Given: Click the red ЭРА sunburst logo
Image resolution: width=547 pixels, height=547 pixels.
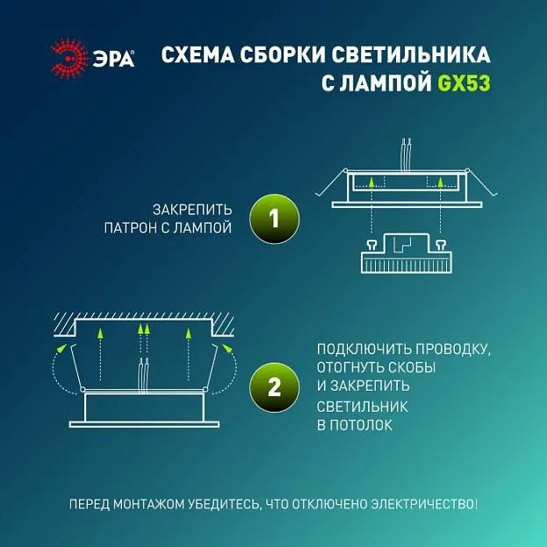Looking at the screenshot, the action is pyautogui.click(x=69, y=58).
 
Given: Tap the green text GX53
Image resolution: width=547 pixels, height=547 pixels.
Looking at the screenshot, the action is pyautogui.click(x=464, y=83).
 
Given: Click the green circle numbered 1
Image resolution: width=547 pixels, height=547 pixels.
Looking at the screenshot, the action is pyautogui.click(x=274, y=219).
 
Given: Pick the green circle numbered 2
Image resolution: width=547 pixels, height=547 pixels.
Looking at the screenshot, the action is pyautogui.click(x=274, y=387).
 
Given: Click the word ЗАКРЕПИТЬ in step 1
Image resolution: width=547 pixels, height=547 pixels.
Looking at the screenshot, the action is pyautogui.click(x=192, y=210).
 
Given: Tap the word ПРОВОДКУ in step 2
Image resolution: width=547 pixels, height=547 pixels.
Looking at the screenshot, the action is pyautogui.click(x=453, y=349).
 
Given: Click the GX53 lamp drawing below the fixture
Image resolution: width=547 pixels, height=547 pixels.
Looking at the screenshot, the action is pyautogui.click(x=406, y=253).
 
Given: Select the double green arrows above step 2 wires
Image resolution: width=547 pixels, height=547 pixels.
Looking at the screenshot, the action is pyautogui.click(x=144, y=329).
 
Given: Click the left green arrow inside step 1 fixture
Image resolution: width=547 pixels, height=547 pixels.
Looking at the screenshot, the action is pyautogui.click(x=372, y=183).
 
